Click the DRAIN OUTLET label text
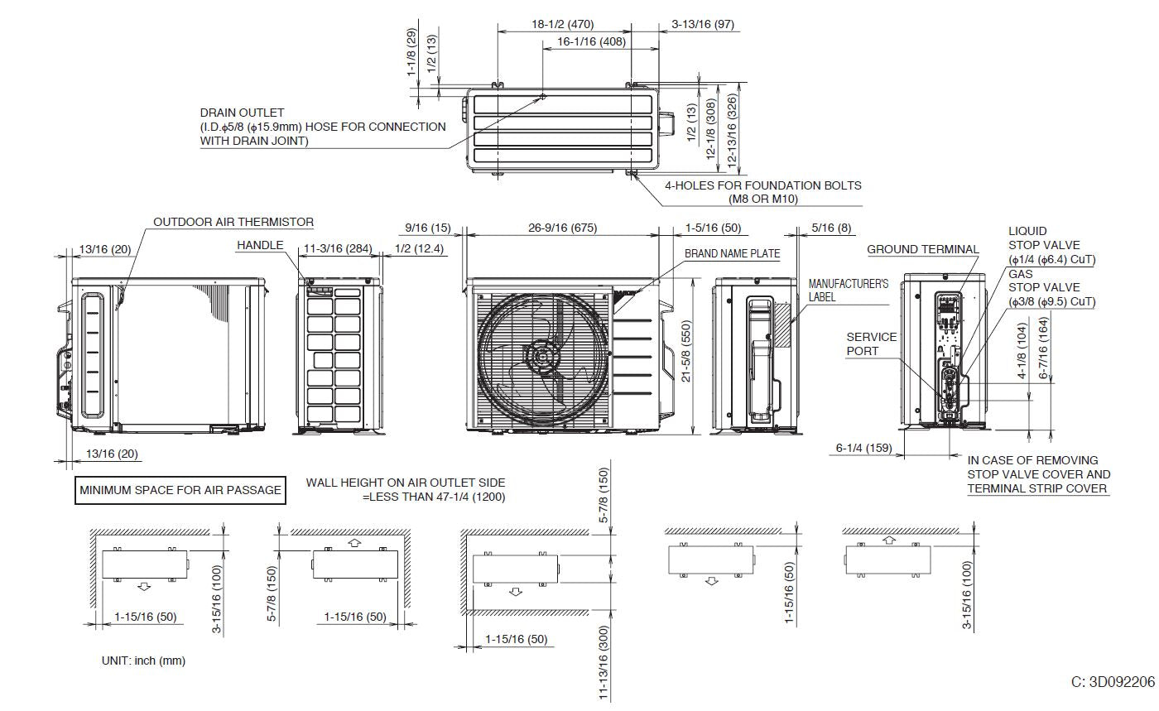[x=242, y=113]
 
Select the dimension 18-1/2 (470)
[x=562, y=24]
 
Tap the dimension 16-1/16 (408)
[x=591, y=41]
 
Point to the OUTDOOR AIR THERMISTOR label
[x=233, y=222]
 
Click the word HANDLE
[x=260, y=246]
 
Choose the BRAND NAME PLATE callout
[x=732, y=253]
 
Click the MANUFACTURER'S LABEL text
[x=836, y=290]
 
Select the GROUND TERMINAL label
[x=922, y=249]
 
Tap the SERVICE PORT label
[x=871, y=344]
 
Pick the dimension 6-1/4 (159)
[x=863, y=448]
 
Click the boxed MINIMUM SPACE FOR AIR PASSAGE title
[x=180, y=490]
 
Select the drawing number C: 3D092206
[x=1112, y=682]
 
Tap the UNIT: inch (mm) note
[x=143, y=661]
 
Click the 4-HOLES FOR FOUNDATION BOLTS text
[x=762, y=186]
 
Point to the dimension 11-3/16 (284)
[x=337, y=247]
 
